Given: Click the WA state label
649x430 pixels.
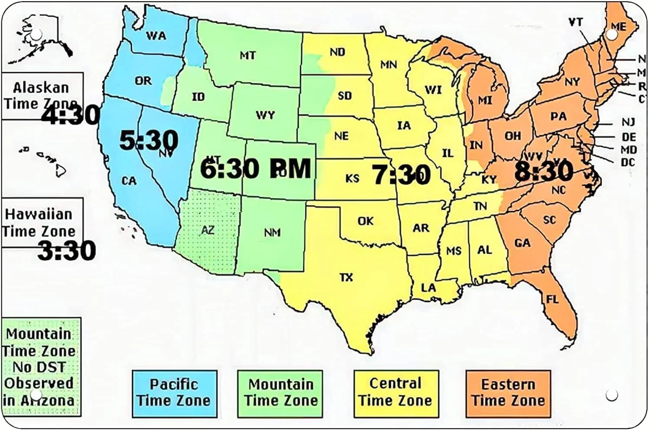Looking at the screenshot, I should point(156,36).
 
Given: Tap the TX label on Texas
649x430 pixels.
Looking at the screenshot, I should point(346,277).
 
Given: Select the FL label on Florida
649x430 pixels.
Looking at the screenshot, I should point(552,299).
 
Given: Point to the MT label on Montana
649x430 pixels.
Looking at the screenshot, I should point(248,56).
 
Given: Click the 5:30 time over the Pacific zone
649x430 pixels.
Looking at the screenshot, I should point(149,141).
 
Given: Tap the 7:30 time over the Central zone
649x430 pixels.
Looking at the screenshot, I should point(401,175).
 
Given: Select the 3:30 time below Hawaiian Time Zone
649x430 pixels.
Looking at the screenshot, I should point(66,251).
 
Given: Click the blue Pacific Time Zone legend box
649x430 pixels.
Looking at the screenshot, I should point(174,394).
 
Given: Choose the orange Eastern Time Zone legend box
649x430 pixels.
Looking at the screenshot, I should point(508,394).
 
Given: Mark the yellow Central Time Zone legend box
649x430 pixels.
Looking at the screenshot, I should point(396,394).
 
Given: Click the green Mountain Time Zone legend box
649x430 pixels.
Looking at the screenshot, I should point(280,394).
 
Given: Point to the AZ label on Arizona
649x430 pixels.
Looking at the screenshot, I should point(208,230).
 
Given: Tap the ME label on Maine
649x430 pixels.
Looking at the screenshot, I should point(619,26).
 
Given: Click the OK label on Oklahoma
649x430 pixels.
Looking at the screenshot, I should point(365,221).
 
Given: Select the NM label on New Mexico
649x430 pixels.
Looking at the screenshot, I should point(272,233).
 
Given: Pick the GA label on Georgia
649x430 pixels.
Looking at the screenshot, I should point(522,243).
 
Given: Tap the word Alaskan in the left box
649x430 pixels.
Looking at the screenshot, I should point(41,88).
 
